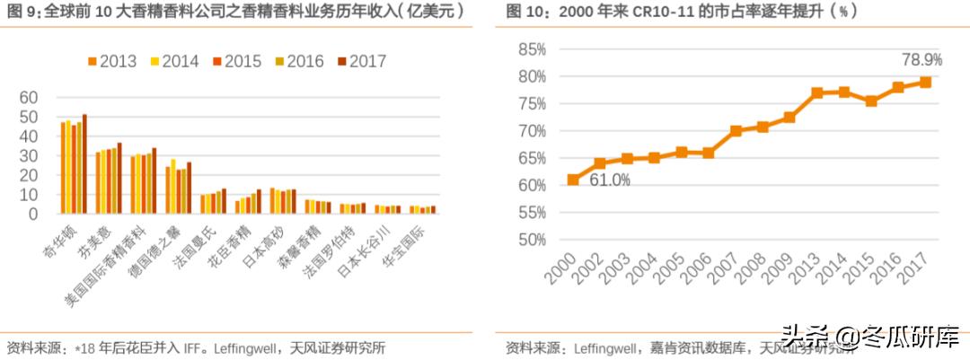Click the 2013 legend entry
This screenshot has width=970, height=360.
click(x=111, y=62)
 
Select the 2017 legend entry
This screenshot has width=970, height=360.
click(x=360, y=62)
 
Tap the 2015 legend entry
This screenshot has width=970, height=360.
click(x=236, y=62)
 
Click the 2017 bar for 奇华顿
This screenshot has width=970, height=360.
click(x=84, y=164)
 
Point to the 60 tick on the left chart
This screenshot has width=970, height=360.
click(x=29, y=98)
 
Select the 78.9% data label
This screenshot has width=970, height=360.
click(x=921, y=60)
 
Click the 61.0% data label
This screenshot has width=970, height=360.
click(x=611, y=180)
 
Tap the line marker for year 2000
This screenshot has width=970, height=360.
click(x=573, y=180)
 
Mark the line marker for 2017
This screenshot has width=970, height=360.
click(x=925, y=82)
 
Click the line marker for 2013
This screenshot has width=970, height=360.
click(x=816, y=92)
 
